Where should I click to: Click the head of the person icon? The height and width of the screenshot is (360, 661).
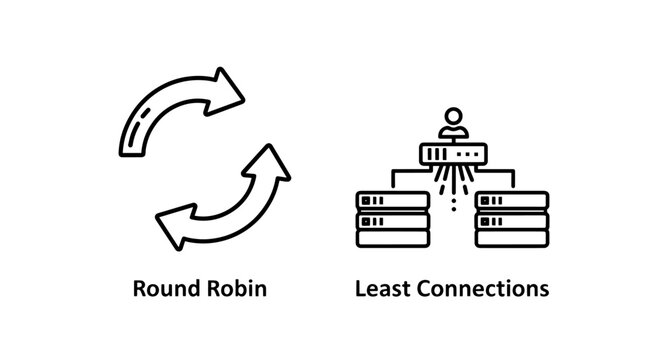click(x=452, y=116)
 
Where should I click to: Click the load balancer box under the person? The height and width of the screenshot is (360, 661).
click(x=452, y=154)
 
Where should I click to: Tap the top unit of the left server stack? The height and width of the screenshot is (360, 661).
click(x=392, y=200)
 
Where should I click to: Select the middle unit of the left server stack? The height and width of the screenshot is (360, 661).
click(x=392, y=220)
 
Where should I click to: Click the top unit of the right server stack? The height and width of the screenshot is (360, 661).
click(x=512, y=200)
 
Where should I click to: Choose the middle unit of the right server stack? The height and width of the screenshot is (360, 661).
click(x=512, y=220)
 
